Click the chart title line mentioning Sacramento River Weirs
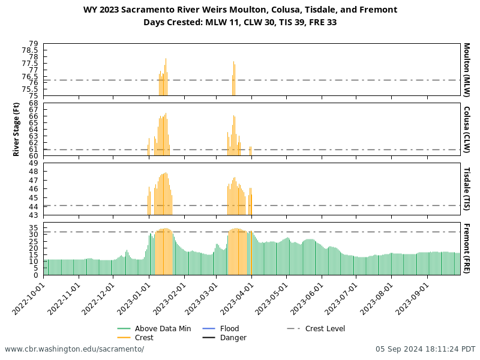click(240, 10)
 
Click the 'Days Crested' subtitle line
click(240, 23)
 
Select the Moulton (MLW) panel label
click(466, 70)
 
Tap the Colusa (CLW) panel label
click(466, 130)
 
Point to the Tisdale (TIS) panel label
click(466, 189)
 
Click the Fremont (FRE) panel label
click(466, 248)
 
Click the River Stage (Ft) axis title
click(16, 130)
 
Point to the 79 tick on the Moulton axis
click(34, 44)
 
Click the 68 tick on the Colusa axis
click(34, 103)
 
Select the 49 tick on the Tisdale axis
click(34, 163)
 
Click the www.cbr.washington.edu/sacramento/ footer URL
click(74, 349)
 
